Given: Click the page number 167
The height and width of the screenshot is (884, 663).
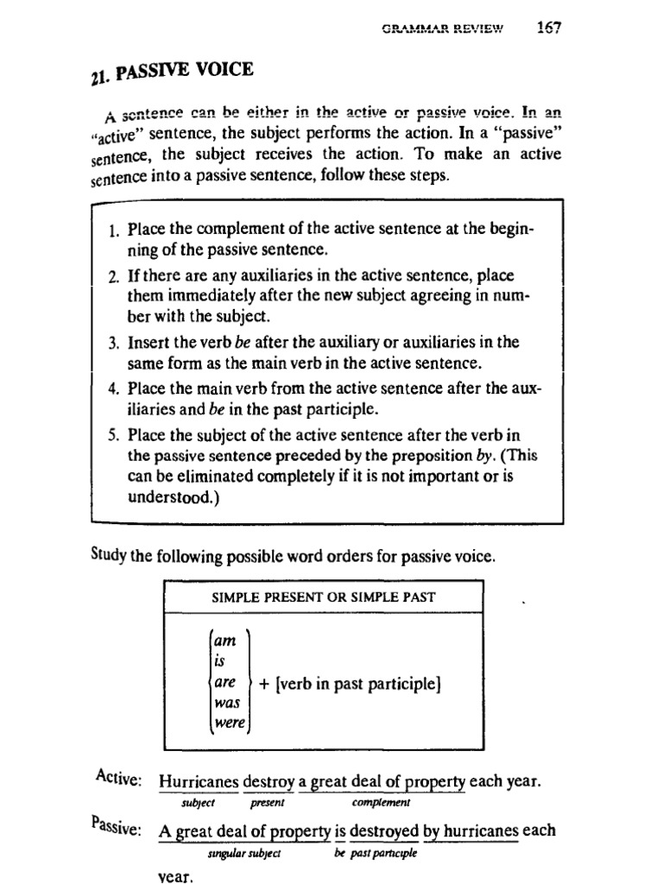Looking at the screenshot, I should tap(548, 27).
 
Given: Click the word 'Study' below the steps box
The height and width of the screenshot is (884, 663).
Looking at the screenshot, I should tap(109, 557).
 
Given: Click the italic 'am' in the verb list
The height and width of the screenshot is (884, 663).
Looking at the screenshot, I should tap(223, 639).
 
